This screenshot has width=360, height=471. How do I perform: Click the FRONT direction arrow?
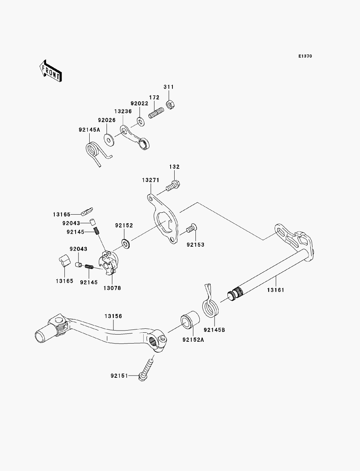pyautogui.click(x=51, y=71)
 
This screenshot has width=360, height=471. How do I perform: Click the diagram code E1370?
pyautogui.click(x=305, y=56)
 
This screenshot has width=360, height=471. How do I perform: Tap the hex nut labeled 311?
pyautogui.click(x=171, y=105)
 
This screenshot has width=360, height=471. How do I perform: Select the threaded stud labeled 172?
pyautogui.click(x=156, y=113)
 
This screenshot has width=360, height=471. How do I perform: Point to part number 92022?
pyautogui.click(x=139, y=103)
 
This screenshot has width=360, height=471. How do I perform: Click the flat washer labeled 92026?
pyautogui.click(x=109, y=140)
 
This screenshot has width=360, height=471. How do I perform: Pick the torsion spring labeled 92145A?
pyautogui.click(x=96, y=153)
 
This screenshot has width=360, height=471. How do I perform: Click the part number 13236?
pyautogui.click(x=123, y=111)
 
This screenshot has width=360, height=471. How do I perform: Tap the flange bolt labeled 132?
pyautogui.click(x=173, y=186)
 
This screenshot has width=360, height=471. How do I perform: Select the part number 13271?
pyautogui.click(x=150, y=180)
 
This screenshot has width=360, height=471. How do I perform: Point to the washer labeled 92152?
pyautogui.click(x=126, y=243)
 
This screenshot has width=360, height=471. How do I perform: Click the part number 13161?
pyautogui.click(x=276, y=290)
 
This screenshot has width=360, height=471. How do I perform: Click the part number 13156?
pyautogui.click(x=113, y=316)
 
